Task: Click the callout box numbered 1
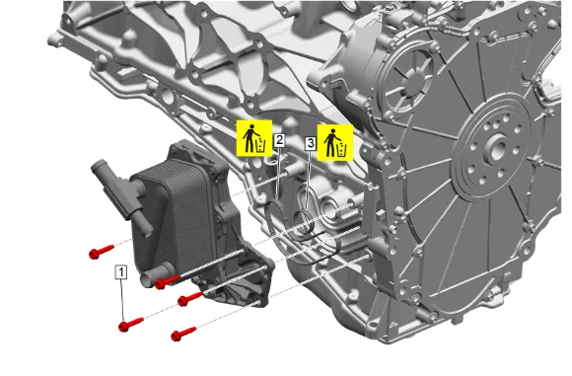[121, 272]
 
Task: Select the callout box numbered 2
[279, 140]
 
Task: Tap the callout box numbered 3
[310, 143]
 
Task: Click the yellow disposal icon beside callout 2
[254, 138]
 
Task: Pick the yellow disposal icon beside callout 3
[335, 142]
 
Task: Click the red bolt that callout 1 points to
[130, 324]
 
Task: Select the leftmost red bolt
[101, 252]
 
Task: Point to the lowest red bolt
[183, 334]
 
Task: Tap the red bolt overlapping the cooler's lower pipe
[167, 282]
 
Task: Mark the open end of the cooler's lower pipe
[147, 280]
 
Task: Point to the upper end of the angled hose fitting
[97, 167]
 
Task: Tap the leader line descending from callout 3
[309, 180]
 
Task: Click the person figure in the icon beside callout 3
[330, 142]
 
